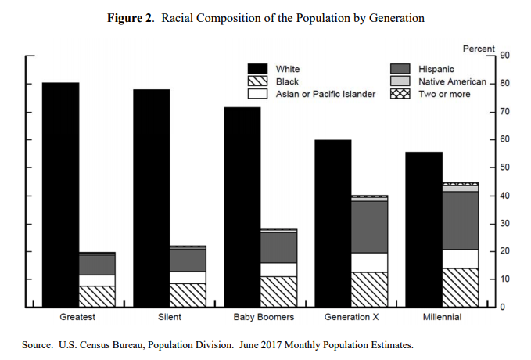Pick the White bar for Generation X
[333, 223]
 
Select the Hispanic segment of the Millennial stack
[460, 220]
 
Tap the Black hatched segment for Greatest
[97, 296]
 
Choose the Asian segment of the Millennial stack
[460, 258]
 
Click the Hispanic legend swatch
[400, 70]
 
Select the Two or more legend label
[444, 94]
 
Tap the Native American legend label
[453, 81]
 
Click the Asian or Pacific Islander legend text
[325, 94]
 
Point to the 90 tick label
[506, 56]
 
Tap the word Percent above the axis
[479, 48]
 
